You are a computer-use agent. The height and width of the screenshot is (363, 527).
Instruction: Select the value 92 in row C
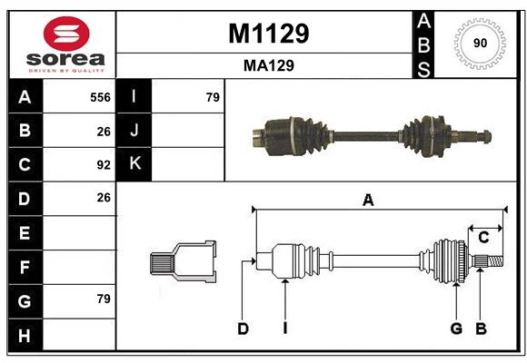(103, 165)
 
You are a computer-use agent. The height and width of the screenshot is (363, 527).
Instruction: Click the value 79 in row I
(213, 97)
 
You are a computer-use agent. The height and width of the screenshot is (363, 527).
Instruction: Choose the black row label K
(134, 164)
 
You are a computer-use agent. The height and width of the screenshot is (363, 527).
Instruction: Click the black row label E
(25, 233)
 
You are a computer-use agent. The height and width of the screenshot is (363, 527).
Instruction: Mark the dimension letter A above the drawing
(368, 200)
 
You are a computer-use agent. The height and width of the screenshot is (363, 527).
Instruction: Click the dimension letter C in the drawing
(483, 237)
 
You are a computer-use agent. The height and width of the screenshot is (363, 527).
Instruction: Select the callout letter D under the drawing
(243, 329)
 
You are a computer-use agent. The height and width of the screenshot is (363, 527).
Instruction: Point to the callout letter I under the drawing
(284, 329)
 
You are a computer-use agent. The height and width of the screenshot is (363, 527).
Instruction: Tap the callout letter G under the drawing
(456, 329)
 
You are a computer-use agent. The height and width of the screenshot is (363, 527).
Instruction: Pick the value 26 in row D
(103, 198)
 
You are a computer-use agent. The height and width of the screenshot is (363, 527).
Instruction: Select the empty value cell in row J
(187, 131)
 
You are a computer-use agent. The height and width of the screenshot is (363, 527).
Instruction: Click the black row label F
(25, 267)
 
